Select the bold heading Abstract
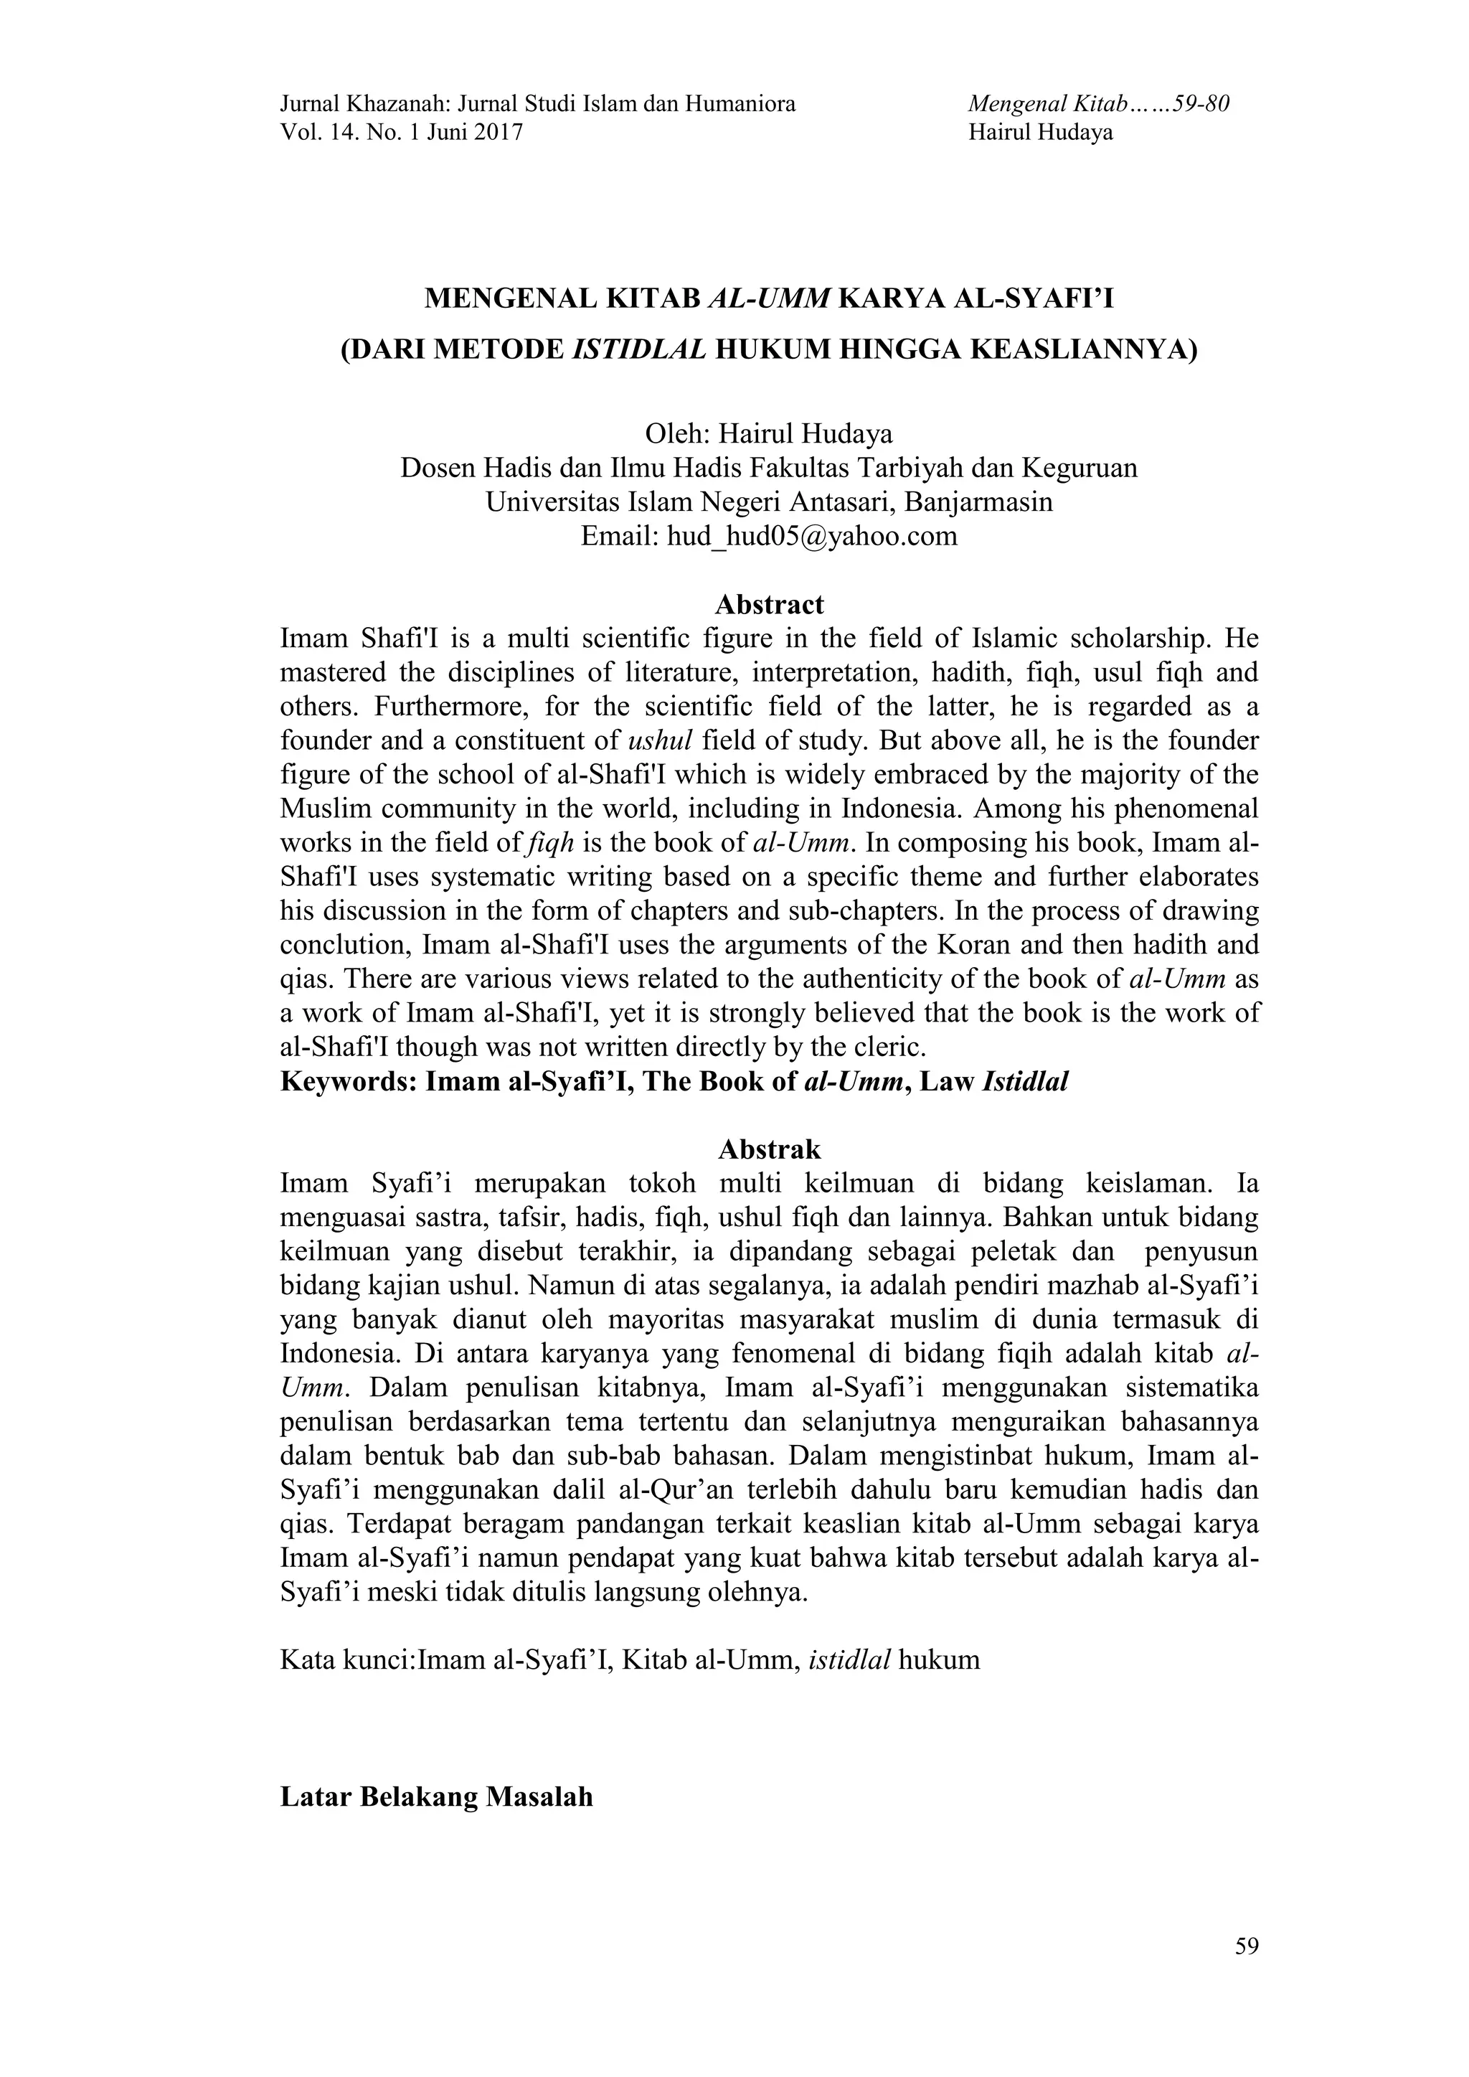[x=769, y=604]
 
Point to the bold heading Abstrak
[x=769, y=1150]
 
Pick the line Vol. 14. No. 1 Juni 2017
[x=402, y=133]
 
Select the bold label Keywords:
[x=349, y=1082]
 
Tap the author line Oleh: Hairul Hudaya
[x=769, y=434]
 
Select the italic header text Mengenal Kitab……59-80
[x=1098, y=104]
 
